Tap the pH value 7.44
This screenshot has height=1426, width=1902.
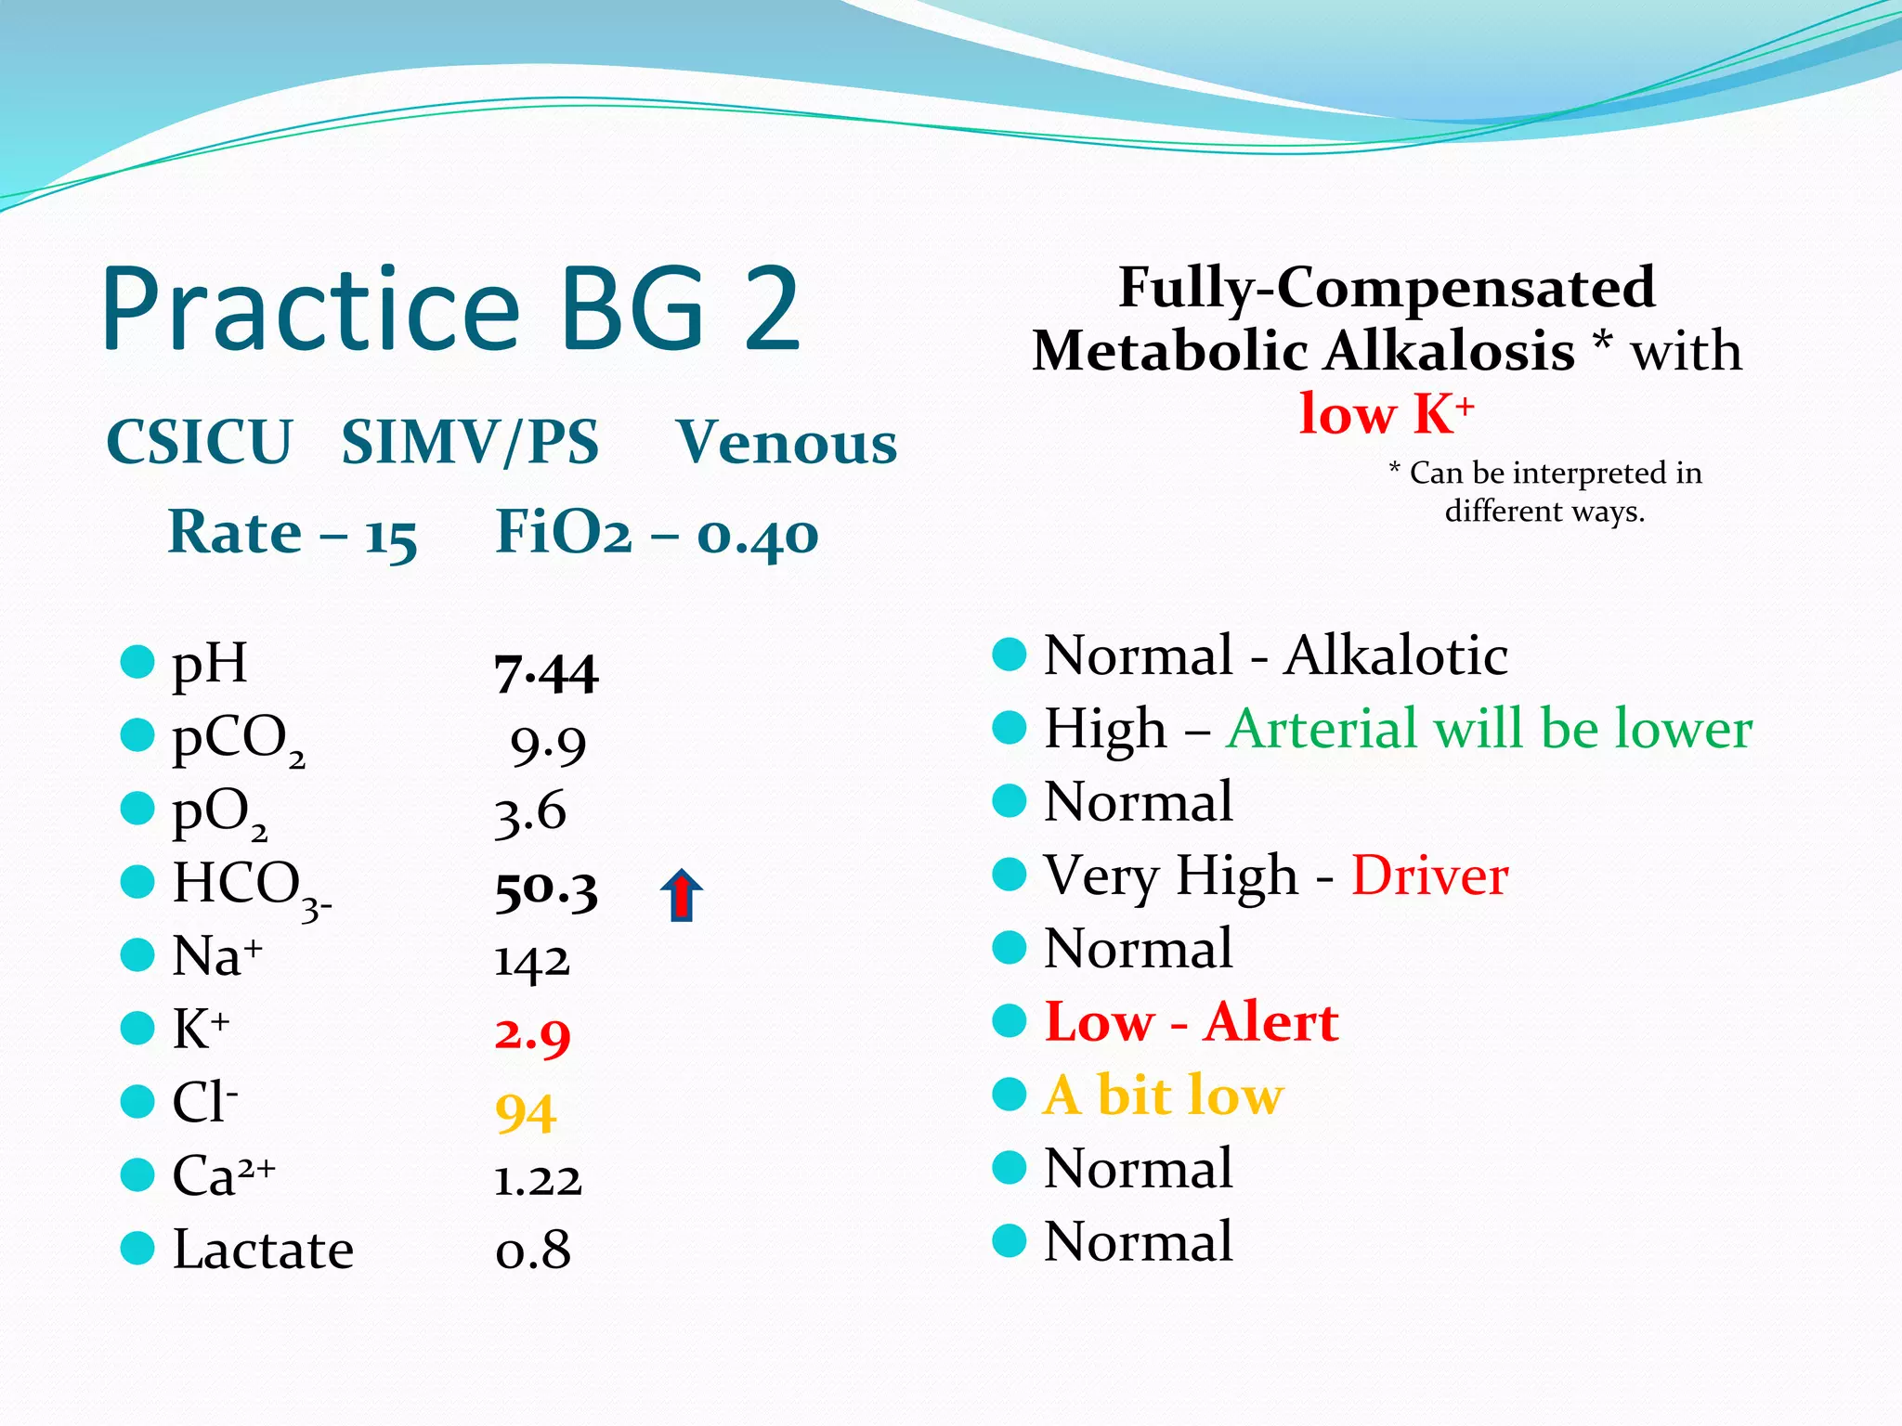pos(546,673)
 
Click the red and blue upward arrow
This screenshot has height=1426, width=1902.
pos(681,895)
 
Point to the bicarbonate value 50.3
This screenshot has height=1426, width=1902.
pos(546,891)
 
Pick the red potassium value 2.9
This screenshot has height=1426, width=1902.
pos(532,1034)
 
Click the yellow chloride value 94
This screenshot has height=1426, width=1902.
pos(526,1111)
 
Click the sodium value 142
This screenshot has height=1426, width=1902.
pos(531,962)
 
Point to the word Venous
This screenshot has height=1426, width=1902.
pos(787,442)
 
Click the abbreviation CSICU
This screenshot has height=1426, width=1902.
pos(200,442)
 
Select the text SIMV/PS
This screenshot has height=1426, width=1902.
pos(470,442)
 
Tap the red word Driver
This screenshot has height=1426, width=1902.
pos(1429,875)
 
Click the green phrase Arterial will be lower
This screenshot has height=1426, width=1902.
pos(1489,729)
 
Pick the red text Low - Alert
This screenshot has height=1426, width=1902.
pos(1192,1022)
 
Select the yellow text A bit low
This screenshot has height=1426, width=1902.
pos(1164,1095)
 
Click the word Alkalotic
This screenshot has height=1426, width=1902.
pos(1396,655)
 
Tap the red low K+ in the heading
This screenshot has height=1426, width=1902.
pos(1386,414)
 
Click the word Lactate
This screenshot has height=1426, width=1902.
pos(263,1250)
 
